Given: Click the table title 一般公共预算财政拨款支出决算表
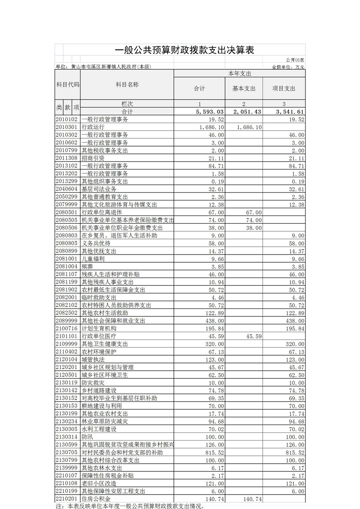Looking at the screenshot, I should [x=184, y=50].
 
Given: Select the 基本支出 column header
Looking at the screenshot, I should [x=244, y=89].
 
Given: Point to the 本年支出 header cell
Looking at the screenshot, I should [x=239, y=73].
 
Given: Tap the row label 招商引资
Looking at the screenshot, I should [x=93, y=158].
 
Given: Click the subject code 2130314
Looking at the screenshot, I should [x=67, y=437].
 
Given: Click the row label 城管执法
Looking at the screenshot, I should [x=93, y=359].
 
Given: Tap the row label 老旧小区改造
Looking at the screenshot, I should [x=99, y=484].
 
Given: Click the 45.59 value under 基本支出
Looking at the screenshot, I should [x=253, y=336].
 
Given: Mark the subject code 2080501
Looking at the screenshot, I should [x=67, y=212].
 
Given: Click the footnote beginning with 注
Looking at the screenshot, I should [x=129, y=505].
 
